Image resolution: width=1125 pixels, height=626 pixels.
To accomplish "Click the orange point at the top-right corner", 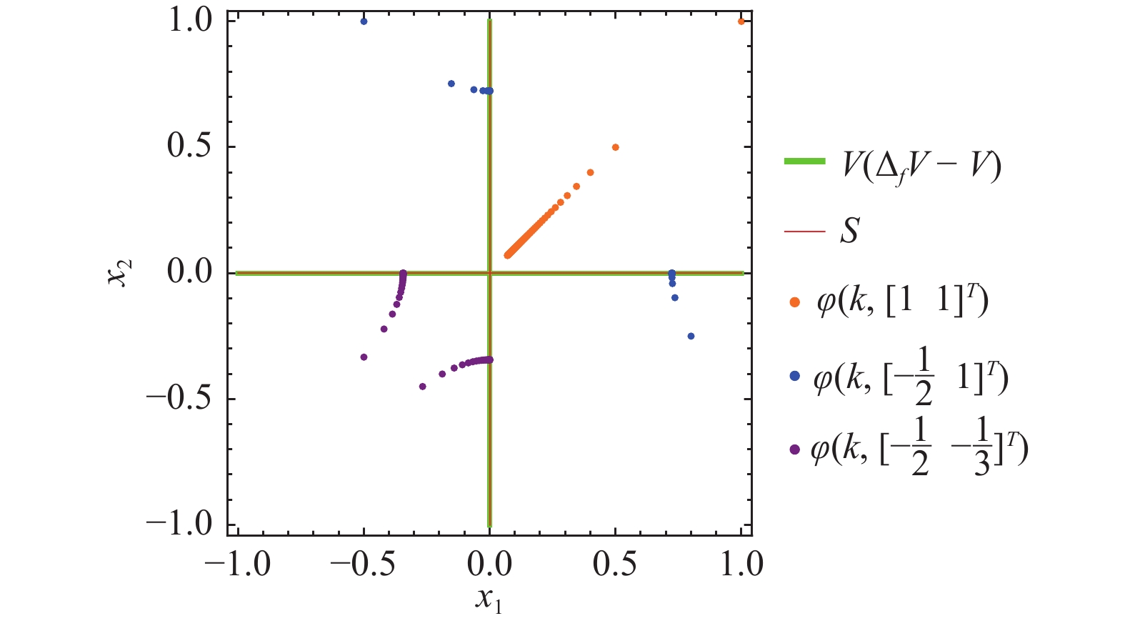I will pos(741,21).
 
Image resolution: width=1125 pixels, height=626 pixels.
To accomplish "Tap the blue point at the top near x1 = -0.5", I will pos(364,21).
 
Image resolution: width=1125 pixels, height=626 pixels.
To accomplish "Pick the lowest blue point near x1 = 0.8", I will pos(691,336).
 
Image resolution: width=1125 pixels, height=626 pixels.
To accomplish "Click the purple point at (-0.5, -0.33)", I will pos(364,357).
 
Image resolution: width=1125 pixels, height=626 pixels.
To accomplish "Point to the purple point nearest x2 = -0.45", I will pos(422,387).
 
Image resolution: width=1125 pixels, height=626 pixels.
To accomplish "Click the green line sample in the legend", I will pos(804,162).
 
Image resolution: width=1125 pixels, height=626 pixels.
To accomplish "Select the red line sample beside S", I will pos(804,231).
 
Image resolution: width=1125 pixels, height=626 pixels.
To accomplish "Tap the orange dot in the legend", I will pos(794,303).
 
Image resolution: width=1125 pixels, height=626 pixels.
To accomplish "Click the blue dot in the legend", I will pos(794,376).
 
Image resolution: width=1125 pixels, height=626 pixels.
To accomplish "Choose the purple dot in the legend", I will pos(794,450).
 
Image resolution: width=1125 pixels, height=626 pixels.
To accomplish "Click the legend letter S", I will pos(849,231).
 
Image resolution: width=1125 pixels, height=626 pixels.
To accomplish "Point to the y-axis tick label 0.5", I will pos(189,146).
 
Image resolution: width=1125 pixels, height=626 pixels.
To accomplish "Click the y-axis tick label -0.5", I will pos(179,399).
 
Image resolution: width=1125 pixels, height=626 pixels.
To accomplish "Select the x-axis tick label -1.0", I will pos(237,565).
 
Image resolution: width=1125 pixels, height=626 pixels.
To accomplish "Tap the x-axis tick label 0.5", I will pos(615,565).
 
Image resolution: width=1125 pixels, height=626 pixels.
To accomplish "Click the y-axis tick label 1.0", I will pos(189,21).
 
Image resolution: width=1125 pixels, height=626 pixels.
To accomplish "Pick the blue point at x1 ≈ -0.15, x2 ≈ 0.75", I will pos(451,84).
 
